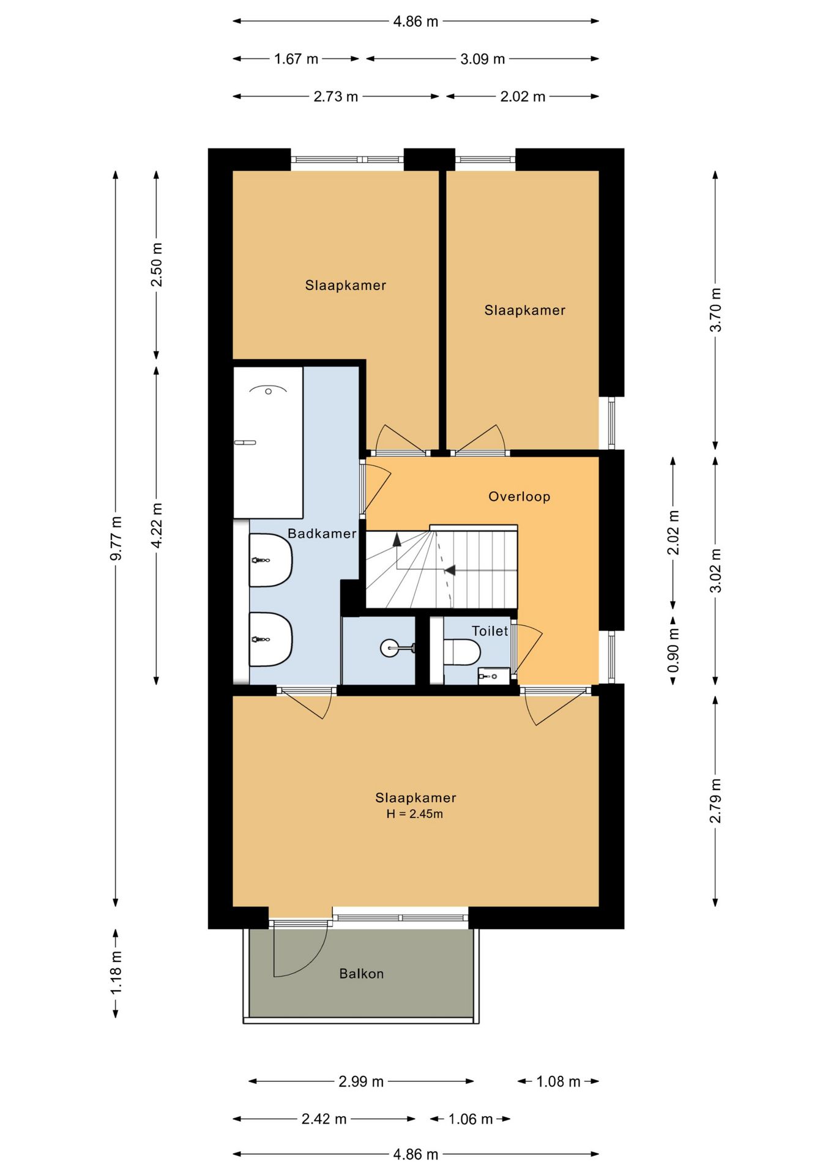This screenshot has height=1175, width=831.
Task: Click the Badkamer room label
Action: (322, 534)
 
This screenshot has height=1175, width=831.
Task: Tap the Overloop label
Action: (520, 496)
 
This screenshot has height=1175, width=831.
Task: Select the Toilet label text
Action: (490, 631)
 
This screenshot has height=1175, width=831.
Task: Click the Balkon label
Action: (362, 974)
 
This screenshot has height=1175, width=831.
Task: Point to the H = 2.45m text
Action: (415, 814)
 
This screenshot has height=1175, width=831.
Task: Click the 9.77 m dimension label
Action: (116, 539)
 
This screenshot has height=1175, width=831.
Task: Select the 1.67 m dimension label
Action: (296, 59)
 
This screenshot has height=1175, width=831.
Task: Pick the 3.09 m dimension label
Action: (483, 59)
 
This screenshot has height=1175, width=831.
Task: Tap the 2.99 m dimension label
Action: (361, 1081)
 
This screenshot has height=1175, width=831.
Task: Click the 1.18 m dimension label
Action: (116, 973)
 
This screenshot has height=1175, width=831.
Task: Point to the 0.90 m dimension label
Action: (673, 650)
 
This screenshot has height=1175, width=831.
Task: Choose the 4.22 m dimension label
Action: (157, 526)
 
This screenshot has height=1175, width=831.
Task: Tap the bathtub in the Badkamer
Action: (269, 442)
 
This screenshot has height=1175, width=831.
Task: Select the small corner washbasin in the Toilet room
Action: (493, 676)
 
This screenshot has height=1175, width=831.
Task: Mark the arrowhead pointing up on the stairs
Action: (397, 539)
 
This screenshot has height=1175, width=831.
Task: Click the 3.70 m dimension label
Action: (715, 310)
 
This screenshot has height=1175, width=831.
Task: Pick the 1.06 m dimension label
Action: (471, 1119)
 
